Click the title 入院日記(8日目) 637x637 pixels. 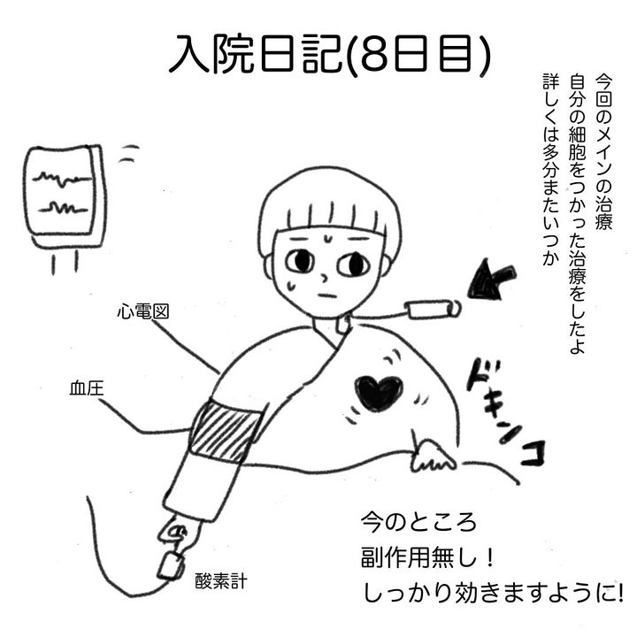point(329,55)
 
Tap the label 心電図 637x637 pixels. point(143,311)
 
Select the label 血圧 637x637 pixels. point(87,388)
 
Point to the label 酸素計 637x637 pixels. point(221,581)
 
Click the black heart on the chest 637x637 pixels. point(379,393)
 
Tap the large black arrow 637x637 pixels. point(491,280)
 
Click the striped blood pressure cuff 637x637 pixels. point(226,431)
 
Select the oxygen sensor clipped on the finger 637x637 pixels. point(170,565)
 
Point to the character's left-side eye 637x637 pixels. point(300,262)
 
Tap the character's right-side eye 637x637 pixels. point(353,265)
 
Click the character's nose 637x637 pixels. point(324,279)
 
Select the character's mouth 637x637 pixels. point(327,295)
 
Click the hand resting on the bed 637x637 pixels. point(432,456)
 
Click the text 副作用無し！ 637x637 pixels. point(428,557)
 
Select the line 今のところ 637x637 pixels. point(418,522)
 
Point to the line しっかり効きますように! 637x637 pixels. point(493,594)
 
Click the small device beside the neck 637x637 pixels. point(433,310)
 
